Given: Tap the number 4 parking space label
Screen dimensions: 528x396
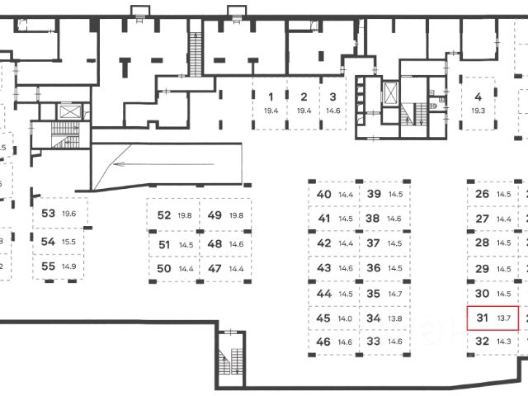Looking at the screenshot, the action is tap(477, 96).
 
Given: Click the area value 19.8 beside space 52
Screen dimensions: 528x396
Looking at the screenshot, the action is tap(184, 215).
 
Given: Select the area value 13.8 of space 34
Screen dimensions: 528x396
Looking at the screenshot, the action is tap(395, 318).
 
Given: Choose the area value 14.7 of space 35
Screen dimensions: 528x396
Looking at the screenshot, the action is tap(395, 294).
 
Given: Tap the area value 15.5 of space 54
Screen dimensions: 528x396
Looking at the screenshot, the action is tap(68, 242).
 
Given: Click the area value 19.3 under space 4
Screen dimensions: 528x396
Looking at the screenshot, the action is tap(477, 110).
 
